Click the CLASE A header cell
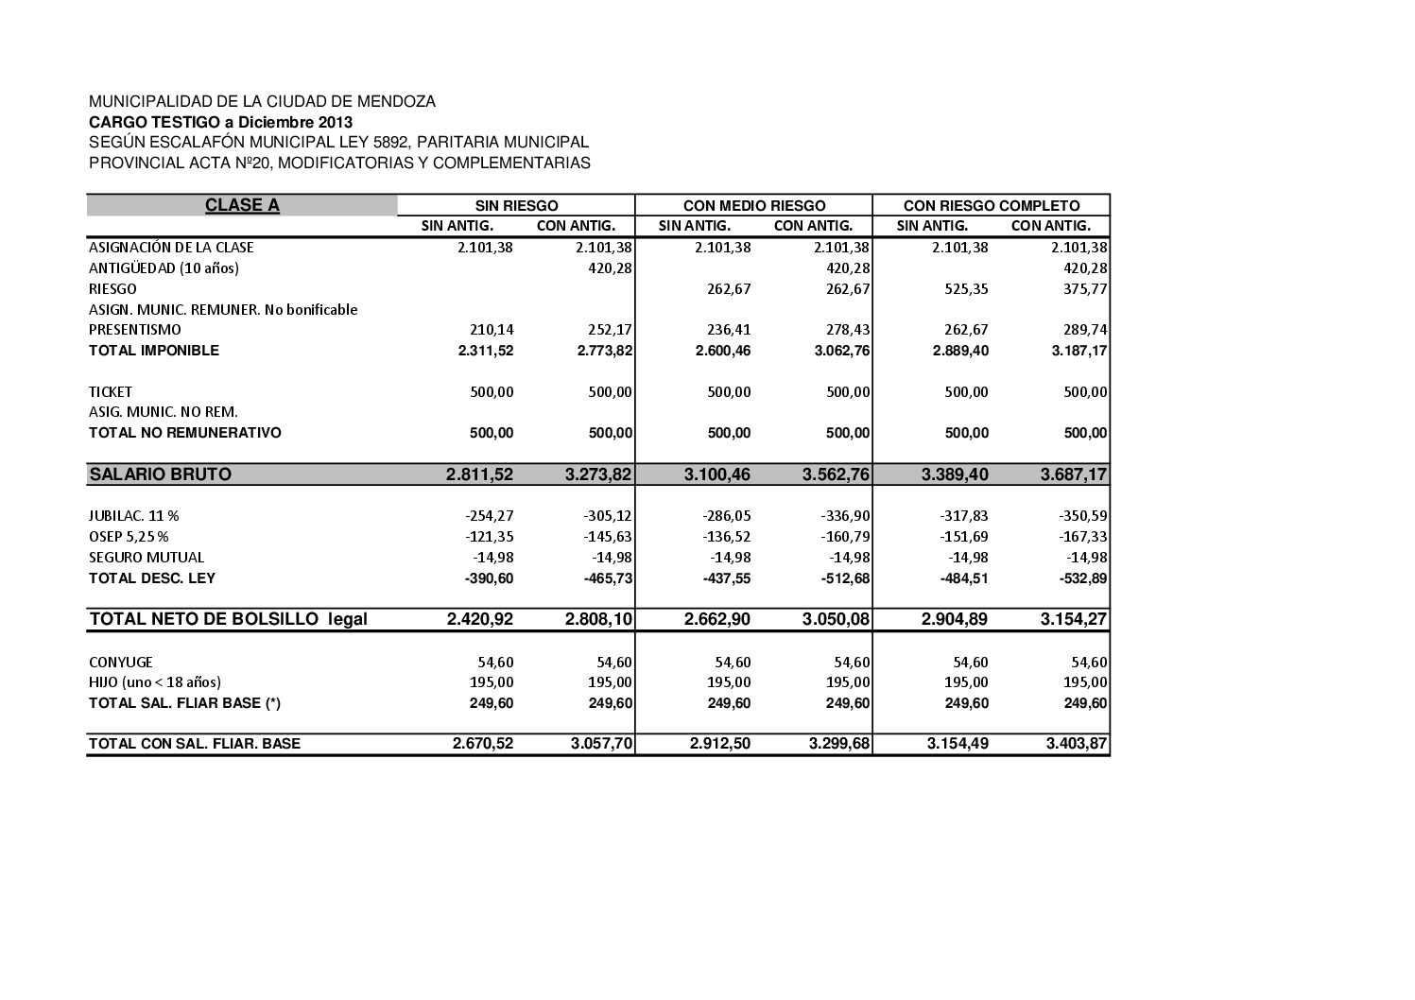(x=242, y=205)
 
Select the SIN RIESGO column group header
(x=516, y=205)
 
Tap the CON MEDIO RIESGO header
(x=753, y=205)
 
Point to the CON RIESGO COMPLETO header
(x=991, y=205)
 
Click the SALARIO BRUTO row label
(x=160, y=474)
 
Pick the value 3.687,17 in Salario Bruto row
(x=1074, y=474)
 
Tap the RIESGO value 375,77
(x=1085, y=288)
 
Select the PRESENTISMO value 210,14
(x=492, y=330)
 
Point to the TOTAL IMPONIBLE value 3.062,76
(x=837, y=351)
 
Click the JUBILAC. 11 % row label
(x=134, y=516)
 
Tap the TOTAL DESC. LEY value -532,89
(x=1083, y=578)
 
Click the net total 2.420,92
(x=479, y=620)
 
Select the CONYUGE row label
(x=121, y=662)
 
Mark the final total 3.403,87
(x=1076, y=744)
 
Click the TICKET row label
(x=111, y=391)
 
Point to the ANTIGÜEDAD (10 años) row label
(x=164, y=267)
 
